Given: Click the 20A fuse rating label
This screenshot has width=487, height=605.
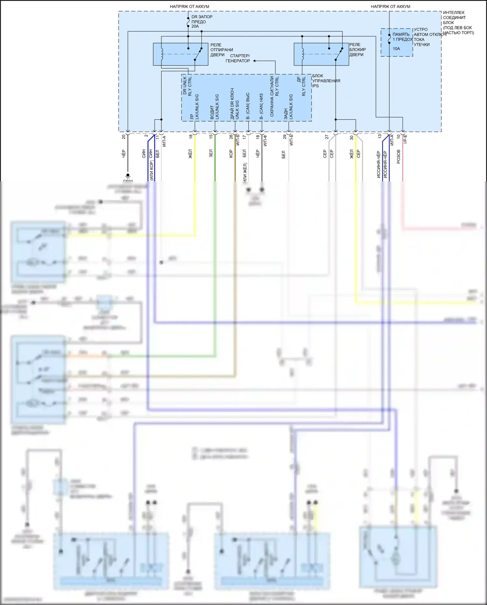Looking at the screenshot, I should tap(195, 26).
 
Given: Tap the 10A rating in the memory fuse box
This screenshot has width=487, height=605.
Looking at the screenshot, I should tap(396, 49).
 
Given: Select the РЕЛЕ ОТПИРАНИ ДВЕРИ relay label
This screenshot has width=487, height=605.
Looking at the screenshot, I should tap(221, 50).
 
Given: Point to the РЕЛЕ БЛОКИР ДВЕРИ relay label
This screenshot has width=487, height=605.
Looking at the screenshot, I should tap(357, 50).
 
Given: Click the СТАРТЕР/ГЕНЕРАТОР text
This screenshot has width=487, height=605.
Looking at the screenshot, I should tap(238, 58).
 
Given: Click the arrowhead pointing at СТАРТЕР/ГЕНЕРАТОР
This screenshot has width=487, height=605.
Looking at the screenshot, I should tap(255, 61).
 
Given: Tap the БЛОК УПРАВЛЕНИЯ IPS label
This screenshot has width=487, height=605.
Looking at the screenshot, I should tap(326, 81).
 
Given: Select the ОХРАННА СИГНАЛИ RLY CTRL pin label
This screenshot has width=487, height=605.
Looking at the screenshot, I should tap(274, 96).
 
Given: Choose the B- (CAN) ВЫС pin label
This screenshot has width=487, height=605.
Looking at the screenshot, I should tap(248, 106).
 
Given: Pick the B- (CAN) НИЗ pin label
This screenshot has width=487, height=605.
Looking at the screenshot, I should tap(261, 106).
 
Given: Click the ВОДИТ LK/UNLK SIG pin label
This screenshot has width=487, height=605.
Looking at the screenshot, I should tap(215, 107).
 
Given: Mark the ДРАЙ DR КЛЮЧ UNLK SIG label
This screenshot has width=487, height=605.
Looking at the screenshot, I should tap(234, 103).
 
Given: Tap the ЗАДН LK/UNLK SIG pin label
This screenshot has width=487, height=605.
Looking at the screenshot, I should tap(288, 107).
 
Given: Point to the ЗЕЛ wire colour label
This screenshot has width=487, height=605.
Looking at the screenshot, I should tap(211, 153).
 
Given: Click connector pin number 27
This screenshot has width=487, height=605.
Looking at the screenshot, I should tap(327, 137).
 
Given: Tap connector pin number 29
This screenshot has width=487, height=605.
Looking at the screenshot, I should tap(284, 137).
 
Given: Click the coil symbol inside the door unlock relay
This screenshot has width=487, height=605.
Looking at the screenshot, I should tap(162, 54).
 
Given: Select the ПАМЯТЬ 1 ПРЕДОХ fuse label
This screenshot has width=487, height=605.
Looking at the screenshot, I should tap(402, 37).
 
